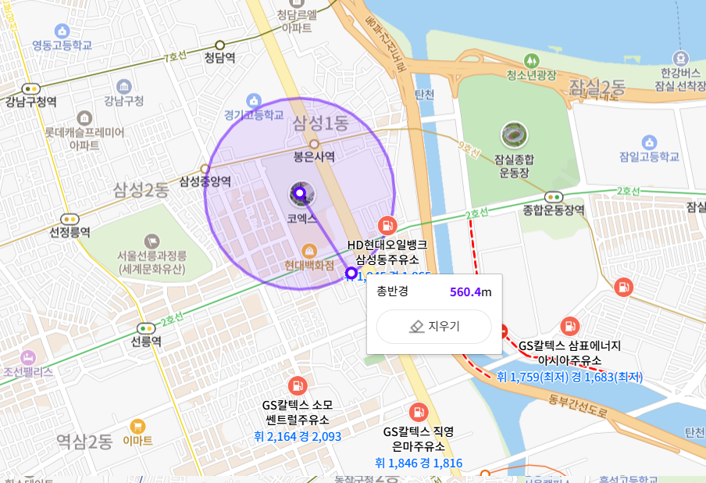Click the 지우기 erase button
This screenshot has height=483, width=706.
434,327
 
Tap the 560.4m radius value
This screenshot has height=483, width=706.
470,292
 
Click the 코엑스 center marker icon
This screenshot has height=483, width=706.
299,193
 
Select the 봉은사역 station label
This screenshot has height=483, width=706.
314,156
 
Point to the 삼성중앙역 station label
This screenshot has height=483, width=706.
205,181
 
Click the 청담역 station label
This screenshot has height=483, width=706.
219,57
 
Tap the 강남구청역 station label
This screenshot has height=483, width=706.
30,102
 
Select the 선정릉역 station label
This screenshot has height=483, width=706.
70,232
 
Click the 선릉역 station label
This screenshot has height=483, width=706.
146,342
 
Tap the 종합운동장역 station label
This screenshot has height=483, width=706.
554,210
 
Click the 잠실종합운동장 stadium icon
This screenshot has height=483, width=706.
514,134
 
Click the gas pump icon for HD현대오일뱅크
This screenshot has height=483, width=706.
386,225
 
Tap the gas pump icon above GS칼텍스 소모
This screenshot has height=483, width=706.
297,385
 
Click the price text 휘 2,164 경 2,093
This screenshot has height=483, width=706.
298,436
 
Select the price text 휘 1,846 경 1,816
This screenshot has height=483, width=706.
419,463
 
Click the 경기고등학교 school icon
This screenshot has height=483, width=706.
253,100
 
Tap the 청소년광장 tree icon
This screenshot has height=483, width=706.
531,59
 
